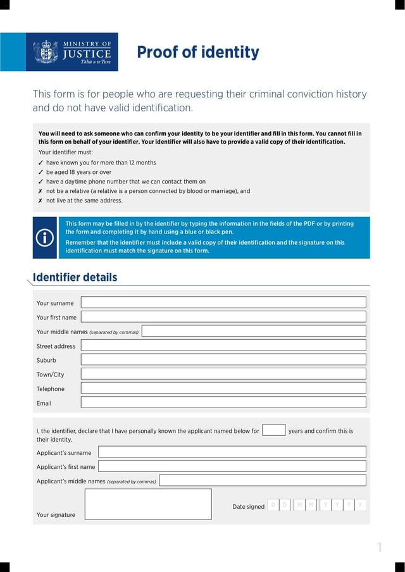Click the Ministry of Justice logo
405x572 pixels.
(72, 52)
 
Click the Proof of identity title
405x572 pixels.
(198, 53)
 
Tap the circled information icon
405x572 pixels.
(44, 237)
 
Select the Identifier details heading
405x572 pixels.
(75, 277)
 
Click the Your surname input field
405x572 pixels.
(223, 302)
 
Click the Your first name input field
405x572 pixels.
(223, 317)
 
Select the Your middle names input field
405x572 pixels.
(253, 331)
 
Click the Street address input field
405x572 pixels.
(223, 345)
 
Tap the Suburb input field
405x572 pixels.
(223, 359)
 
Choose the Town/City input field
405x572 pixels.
(223, 374)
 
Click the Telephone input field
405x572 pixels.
(223, 388)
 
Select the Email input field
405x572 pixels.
(223, 402)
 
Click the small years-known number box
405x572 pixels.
(273, 430)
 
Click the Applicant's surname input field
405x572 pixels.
(232, 452)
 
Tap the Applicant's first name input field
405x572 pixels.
(232, 466)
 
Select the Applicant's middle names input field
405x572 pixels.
(262, 480)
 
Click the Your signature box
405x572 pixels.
(148, 504)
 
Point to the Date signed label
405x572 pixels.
(248, 507)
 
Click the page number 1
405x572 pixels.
(380, 548)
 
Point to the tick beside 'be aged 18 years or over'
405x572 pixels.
(40, 172)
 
